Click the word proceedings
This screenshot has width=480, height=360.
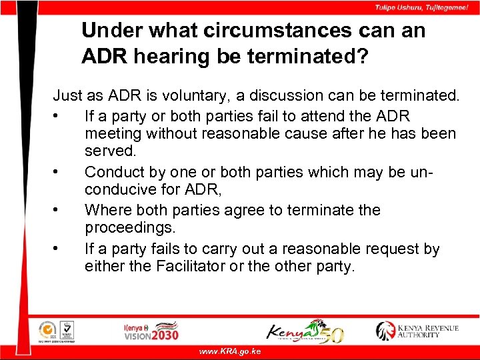coord(129,229)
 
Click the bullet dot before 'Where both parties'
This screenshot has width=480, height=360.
coord(60,211)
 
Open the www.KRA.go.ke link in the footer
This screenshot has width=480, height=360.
coord(231,351)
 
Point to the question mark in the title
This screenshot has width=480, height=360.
coord(361,57)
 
